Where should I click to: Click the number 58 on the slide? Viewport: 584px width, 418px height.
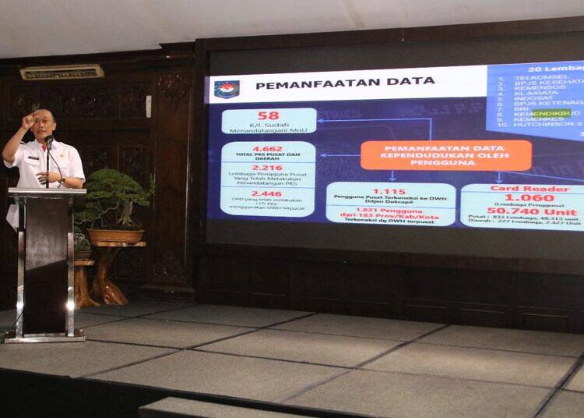268,115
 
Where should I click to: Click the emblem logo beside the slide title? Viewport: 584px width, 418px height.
227,90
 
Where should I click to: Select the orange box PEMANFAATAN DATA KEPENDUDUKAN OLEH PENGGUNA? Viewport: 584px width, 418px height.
445,155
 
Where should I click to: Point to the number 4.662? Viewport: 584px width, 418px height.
267,148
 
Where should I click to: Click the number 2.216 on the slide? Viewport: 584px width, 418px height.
267,168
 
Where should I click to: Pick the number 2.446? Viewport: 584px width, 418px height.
267,193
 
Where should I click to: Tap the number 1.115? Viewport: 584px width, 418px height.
389,191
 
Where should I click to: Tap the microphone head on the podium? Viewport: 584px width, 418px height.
48,141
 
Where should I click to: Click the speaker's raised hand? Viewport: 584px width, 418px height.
30,120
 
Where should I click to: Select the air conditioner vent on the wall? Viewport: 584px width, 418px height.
62,73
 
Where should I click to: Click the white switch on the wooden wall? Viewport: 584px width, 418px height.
148,106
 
